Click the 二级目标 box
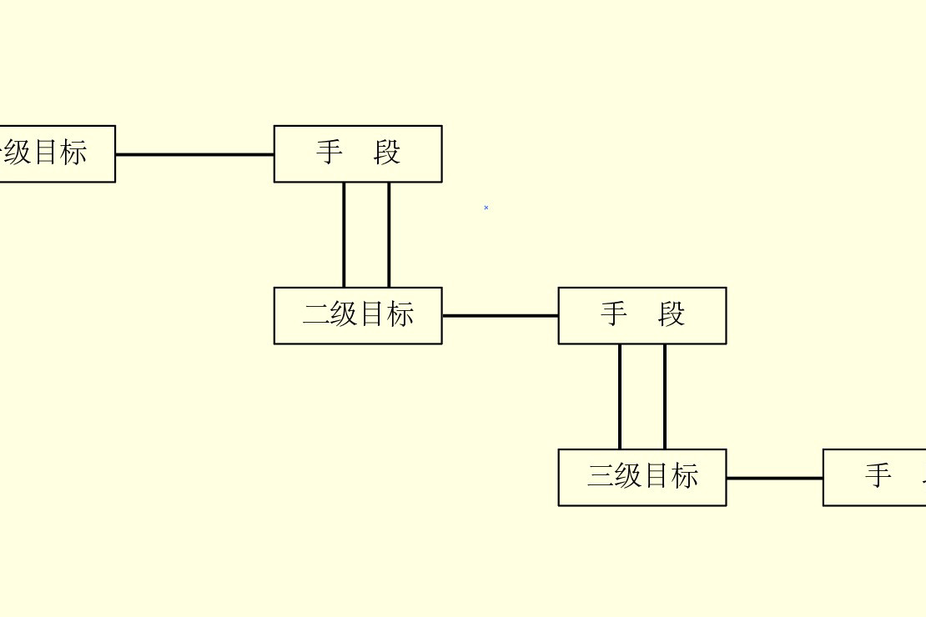pos(358,315)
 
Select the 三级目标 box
pos(642,477)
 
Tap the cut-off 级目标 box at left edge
pos(57,153)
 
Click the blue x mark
pos(486,208)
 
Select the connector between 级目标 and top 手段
pos(194,154)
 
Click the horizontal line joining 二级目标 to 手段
pos(500,316)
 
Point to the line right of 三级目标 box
pos(774,479)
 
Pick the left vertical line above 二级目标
pos(344,234)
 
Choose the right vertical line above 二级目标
pos(389,234)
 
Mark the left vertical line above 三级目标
pos(620,396)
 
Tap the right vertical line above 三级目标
pos(665,396)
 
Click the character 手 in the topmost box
pos(330,153)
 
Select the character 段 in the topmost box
pos(387,153)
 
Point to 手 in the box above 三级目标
pos(614,314)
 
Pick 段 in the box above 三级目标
pos(672,314)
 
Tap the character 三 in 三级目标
pos(601,476)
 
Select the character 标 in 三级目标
pos(685,476)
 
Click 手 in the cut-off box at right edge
pos(878,476)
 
